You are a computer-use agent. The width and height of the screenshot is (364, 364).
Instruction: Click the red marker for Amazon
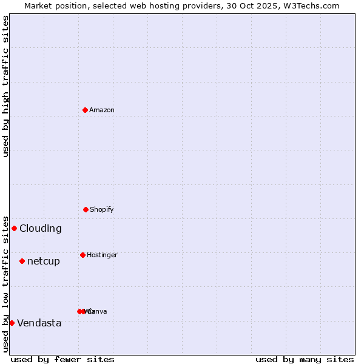(x=85, y=110)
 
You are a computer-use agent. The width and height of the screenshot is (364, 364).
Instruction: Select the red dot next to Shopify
(x=86, y=209)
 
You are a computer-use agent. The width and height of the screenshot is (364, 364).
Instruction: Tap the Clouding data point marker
(x=14, y=228)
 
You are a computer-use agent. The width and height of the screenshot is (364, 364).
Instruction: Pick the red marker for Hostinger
(x=83, y=255)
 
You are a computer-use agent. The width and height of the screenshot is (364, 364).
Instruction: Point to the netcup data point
(x=22, y=261)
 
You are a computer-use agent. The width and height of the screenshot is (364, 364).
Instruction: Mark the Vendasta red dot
(x=12, y=323)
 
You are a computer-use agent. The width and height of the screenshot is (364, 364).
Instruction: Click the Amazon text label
(x=102, y=110)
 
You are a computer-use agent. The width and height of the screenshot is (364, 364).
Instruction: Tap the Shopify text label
(x=102, y=209)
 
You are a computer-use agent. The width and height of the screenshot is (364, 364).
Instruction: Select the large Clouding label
(x=41, y=228)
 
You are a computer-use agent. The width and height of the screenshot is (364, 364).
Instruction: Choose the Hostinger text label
(x=102, y=255)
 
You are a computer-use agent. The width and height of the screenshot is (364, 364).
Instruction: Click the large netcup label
(x=44, y=261)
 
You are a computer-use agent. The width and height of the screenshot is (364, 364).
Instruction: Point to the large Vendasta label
(x=39, y=323)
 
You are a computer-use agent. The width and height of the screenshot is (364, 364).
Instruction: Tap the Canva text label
(x=98, y=311)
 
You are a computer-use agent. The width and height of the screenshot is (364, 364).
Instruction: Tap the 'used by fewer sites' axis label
(x=62, y=359)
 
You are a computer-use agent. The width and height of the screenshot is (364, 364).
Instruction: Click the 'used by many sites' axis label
(x=305, y=359)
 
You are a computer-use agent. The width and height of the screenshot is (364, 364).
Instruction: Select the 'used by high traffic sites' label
(x=5, y=86)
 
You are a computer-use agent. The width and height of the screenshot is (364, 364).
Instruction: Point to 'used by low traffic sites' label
(x=5, y=283)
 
